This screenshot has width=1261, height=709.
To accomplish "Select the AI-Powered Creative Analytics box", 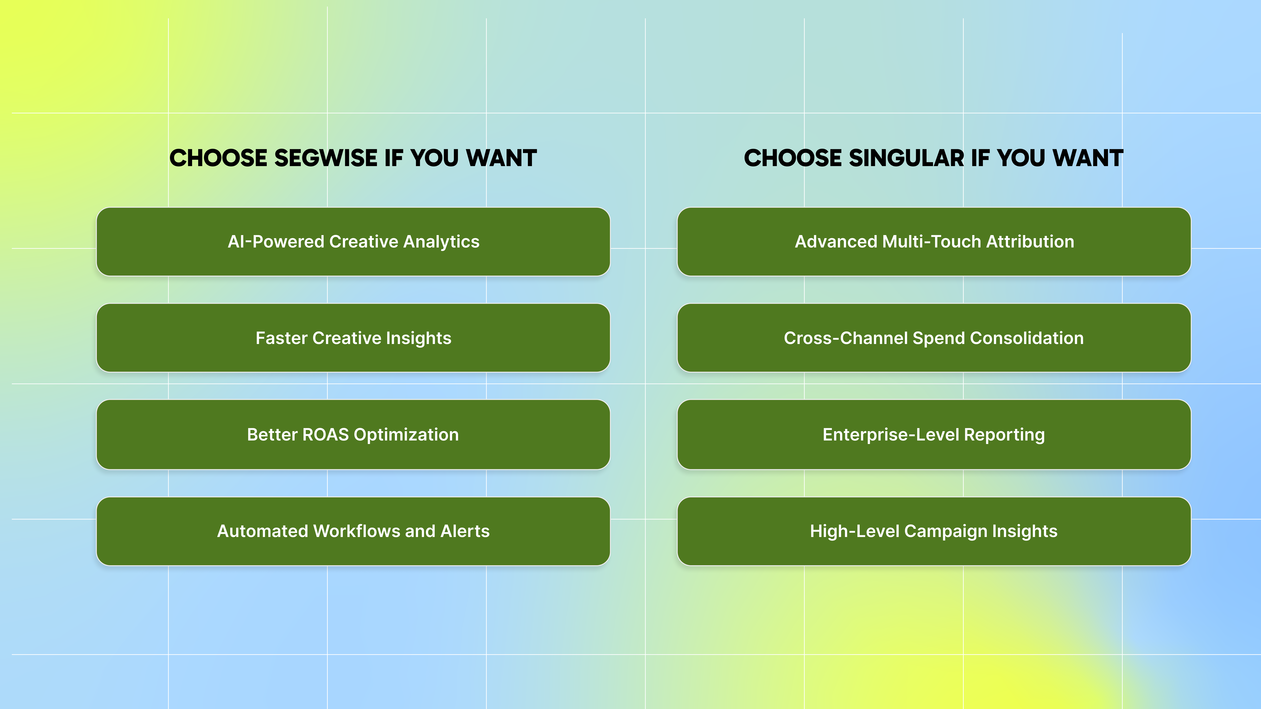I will [353, 242].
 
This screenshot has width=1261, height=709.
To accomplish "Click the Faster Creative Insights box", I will [353, 338].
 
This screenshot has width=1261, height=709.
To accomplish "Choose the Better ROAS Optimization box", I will [353, 434].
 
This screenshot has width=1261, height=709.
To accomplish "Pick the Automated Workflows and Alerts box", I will [353, 531].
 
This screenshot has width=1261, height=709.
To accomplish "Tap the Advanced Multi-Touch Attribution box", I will [934, 242].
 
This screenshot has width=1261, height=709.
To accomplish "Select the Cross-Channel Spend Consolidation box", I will [934, 338].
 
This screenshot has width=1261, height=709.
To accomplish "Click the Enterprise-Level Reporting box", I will [934, 434].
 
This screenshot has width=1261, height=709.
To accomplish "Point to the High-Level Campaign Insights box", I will [934, 531].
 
